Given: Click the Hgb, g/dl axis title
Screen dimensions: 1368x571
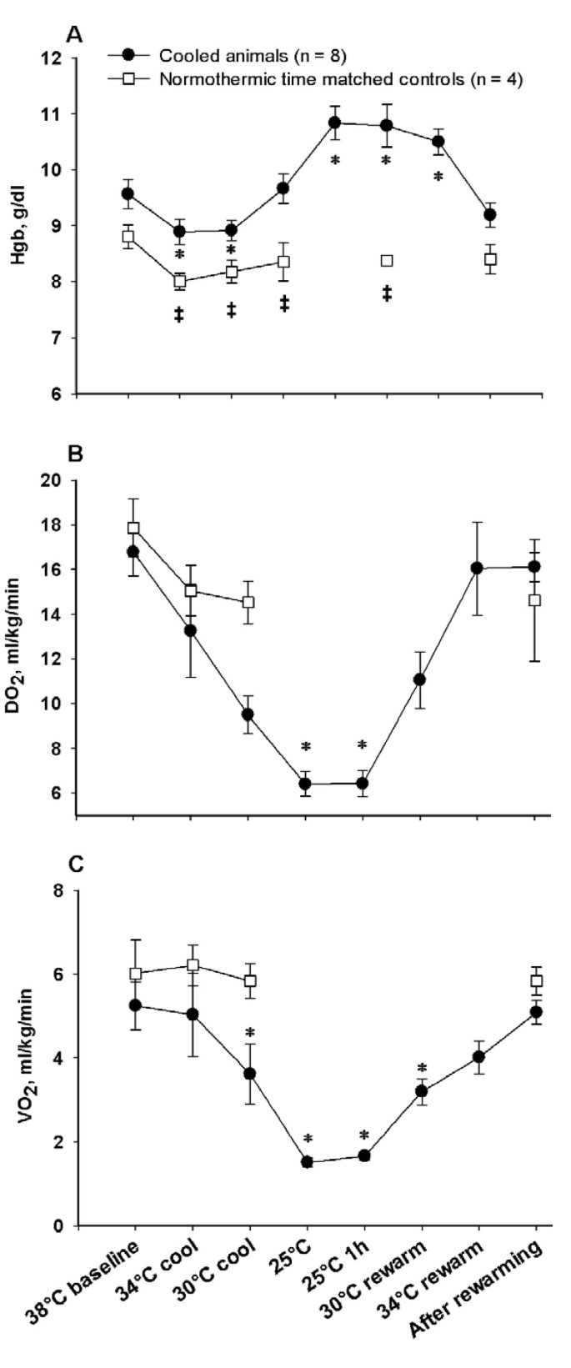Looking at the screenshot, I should point(18,225).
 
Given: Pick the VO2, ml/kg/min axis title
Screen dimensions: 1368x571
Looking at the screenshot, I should point(18,1057).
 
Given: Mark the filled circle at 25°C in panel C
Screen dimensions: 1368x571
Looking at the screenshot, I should point(307,1162).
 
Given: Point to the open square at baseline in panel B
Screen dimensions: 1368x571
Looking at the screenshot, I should point(133,528).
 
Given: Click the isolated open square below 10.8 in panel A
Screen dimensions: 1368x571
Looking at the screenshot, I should point(387,261).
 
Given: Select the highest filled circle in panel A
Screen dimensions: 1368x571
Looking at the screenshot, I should point(335,123).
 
